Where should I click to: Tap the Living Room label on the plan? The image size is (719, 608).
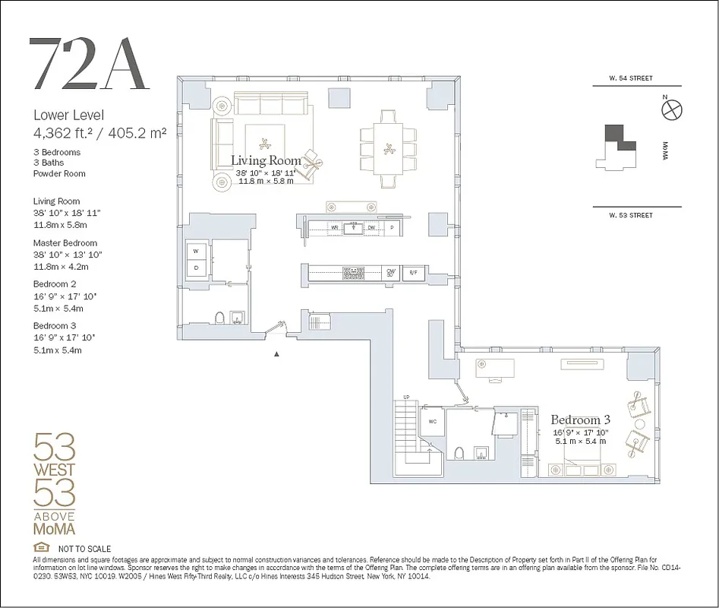266,160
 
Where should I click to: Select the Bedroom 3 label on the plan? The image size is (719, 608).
581,420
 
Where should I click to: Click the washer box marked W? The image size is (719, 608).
196,251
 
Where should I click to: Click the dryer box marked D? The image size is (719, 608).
196,268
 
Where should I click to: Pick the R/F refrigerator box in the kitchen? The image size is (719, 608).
413,273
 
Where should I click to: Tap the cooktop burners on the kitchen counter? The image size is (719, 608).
353,271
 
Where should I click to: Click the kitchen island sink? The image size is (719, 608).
353,226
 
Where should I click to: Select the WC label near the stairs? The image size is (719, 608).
432,421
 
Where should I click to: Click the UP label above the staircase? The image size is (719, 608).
406,397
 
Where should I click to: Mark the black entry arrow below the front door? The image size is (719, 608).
277,353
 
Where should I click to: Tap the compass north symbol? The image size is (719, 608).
671,111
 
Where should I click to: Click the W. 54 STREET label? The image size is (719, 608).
630,78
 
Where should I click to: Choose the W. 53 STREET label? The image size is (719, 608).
630,215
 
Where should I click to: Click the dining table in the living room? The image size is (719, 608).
389,149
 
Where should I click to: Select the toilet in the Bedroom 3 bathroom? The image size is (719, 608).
458,454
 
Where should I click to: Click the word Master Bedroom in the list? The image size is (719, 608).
65,243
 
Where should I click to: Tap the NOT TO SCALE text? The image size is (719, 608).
84,549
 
